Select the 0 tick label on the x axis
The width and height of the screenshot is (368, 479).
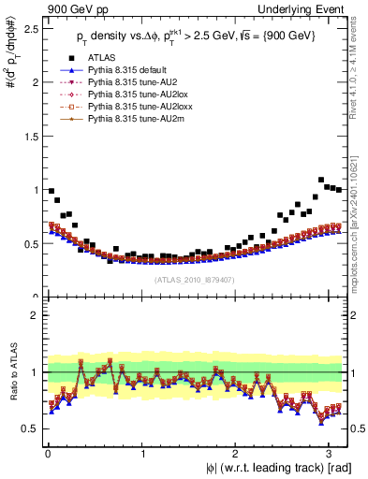click(47, 454)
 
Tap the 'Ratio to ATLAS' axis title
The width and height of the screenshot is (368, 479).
click(11, 374)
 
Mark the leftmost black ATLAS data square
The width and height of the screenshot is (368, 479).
click(51, 191)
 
